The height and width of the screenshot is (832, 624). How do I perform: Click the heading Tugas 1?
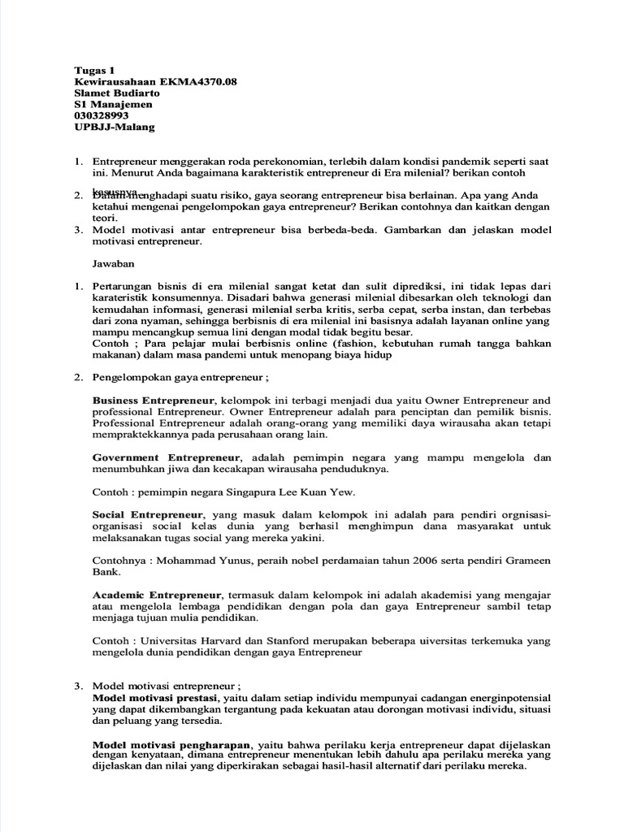pos(94,71)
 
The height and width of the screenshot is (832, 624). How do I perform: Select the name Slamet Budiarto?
pos(118,93)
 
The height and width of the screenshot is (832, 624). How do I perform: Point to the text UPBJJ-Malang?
pos(115,128)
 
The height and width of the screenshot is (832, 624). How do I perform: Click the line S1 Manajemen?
pos(114,105)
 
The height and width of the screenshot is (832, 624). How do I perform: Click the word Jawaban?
pos(113,264)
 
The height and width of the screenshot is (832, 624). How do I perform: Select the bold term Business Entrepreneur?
pos(154,401)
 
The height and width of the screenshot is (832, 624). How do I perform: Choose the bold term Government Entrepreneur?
pos(166,457)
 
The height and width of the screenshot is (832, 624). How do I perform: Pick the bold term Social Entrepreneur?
pos(146,515)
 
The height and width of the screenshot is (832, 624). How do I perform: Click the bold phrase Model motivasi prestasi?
pos(154,698)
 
